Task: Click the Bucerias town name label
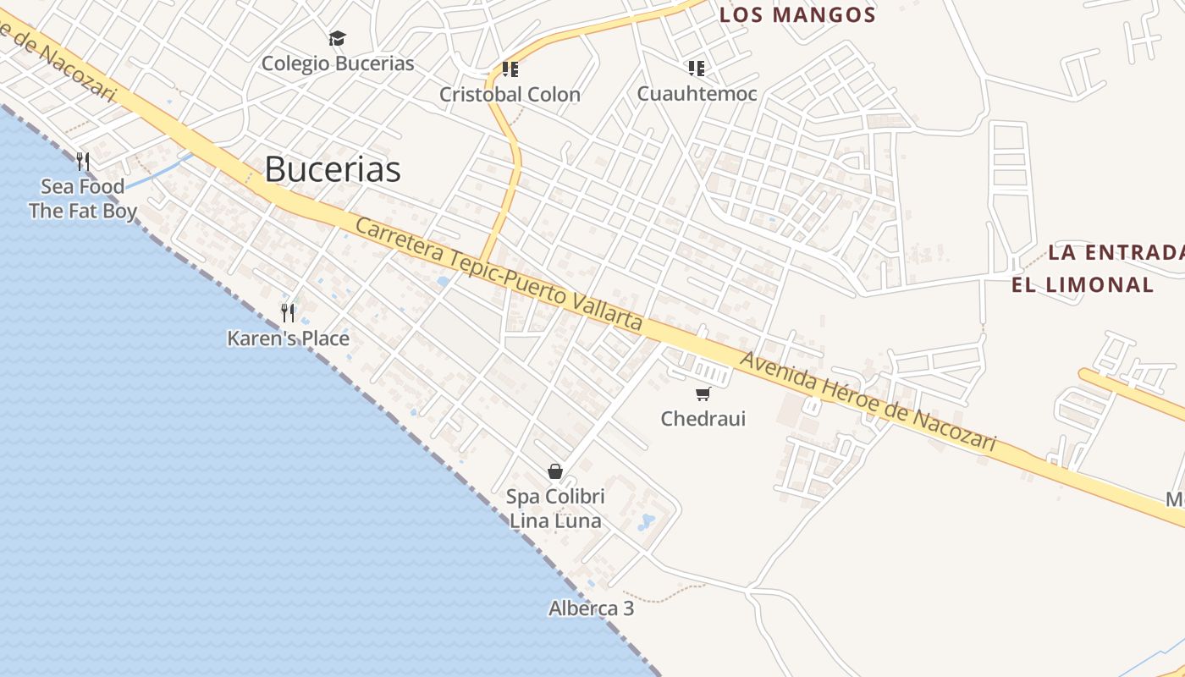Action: (x=332, y=169)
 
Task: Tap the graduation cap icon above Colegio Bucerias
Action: (x=338, y=38)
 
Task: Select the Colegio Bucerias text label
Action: (x=338, y=63)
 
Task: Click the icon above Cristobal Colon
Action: (x=510, y=69)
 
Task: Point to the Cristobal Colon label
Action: (x=510, y=94)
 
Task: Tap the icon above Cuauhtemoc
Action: (x=697, y=68)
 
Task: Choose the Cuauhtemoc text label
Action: (x=697, y=93)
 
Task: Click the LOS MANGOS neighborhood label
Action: (x=797, y=14)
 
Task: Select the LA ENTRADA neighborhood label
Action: (x=1116, y=252)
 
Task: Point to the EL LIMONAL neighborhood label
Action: (x=1083, y=284)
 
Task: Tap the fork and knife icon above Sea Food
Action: (x=83, y=161)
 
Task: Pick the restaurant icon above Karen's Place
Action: (x=288, y=313)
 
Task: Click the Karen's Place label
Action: (x=288, y=338)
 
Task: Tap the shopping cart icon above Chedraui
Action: (x=703, y=394)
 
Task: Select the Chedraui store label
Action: (x=703, y=418)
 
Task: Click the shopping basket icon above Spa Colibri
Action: (x=555, y=471)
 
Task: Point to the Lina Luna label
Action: (x=555, y=520)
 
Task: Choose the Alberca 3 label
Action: (x=591, y=608)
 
